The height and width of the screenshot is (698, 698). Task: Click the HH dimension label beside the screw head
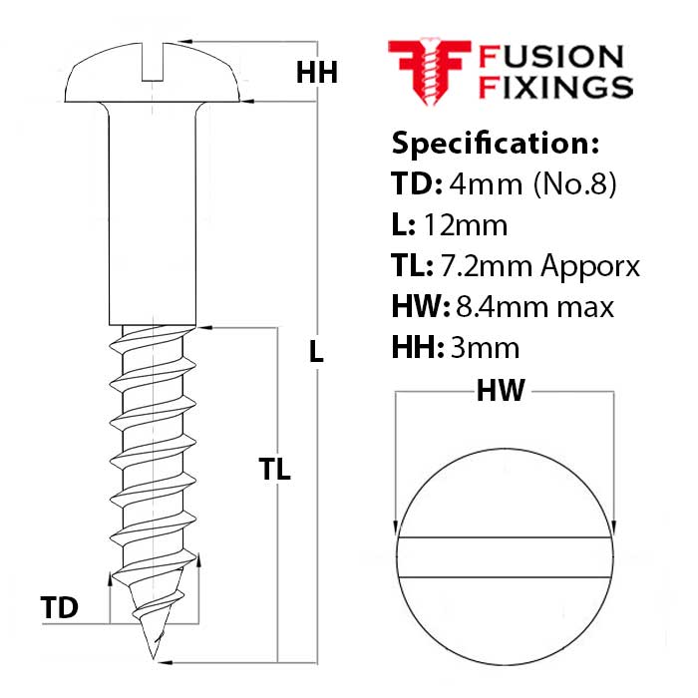point(317,73)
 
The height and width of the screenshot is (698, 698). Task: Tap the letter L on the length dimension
point(316,351)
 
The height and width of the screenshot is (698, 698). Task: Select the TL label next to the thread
point(274,470)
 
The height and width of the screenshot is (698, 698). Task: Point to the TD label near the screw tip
point(60,607)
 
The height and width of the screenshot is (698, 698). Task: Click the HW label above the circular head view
point(501,392)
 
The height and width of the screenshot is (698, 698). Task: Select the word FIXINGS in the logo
point(556,87)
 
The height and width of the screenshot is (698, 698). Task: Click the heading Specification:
point(496,144)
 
